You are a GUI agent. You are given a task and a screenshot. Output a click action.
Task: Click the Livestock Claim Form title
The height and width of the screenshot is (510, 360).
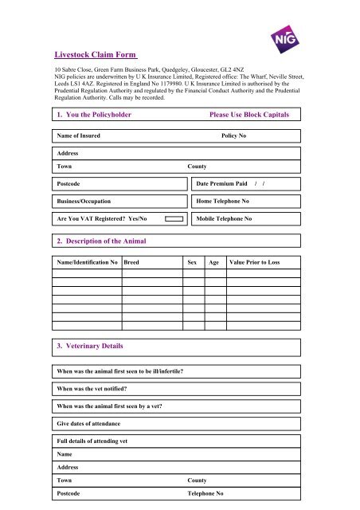pyautogui.click(x=90, y=55)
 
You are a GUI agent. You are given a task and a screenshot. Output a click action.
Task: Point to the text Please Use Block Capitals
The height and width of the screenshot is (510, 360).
pyautogui.click(x=248, y=116)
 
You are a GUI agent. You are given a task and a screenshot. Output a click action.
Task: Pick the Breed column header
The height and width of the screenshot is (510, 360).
pyautogui.click(x=134, y=262)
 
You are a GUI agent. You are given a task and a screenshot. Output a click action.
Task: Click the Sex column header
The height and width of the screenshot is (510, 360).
pyautogui.click(x=191, y=262)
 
